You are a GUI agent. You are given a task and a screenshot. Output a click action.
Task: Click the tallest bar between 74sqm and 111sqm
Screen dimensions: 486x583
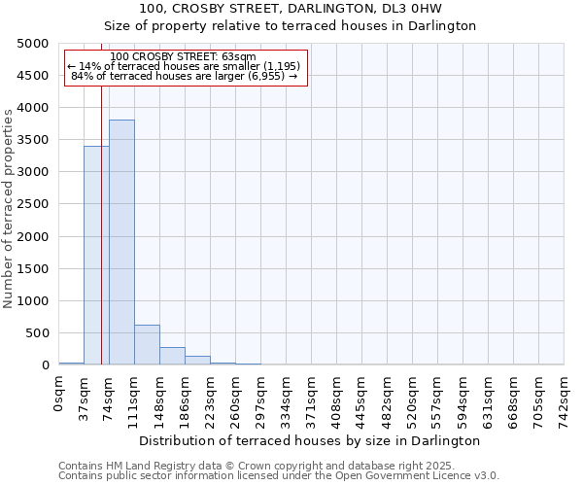pyautogui.click(x=121, y=242)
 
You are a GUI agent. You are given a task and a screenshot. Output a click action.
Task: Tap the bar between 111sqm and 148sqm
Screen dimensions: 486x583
pyautogui.click(x=147, y=345)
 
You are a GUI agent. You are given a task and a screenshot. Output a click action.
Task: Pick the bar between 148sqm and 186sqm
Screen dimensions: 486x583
pyautogui.click(x=172, y=356)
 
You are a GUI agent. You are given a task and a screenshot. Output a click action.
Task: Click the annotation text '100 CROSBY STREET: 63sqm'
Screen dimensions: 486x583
pyautogui.click(x=184, y=57)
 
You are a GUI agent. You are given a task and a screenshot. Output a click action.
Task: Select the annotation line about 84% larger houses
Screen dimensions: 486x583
pyautogui.click(x=184, y=76)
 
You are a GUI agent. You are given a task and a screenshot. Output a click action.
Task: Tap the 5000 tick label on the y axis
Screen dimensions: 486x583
pyautogui.click(x=33, y=44)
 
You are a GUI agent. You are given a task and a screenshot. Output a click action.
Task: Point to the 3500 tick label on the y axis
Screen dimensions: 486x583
pyautogui.click(x=33, y=140)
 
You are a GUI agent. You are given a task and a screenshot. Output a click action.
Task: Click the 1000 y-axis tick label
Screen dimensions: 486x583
pyautogui.click(x=33, y=301)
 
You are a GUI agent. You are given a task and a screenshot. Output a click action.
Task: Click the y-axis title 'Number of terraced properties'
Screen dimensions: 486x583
pyautogui.click(x=9, y=208)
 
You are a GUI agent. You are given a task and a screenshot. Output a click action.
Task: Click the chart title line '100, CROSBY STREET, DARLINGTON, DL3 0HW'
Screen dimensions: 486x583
pyautogui.click(x=291, y=9)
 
